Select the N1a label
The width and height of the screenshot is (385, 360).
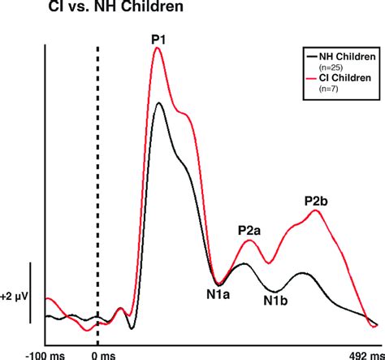pos(216,296)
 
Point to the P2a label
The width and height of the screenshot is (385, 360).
pos(249,231)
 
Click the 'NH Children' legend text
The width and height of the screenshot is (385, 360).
pos(340,57)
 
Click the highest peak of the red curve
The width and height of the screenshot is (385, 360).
pos(158,48)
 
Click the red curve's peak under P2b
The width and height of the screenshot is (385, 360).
pos(317,211)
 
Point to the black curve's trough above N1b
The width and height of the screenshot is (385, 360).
pos(276,291)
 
